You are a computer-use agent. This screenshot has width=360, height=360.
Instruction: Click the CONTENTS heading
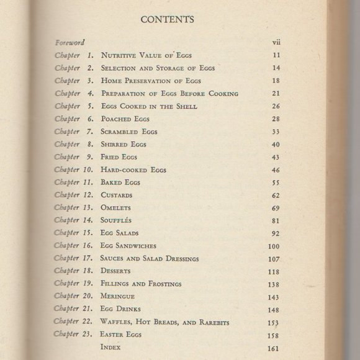point(168,19)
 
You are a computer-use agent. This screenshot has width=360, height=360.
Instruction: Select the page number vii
point(277,43)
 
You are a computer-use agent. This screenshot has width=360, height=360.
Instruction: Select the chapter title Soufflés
point(116,220)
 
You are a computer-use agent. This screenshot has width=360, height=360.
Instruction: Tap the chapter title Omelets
point(115,207)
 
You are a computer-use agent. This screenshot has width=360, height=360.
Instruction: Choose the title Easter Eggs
point(122,335)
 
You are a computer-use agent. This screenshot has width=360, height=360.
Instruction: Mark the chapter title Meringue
point(119,296)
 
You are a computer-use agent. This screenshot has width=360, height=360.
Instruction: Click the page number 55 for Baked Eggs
point(277,182)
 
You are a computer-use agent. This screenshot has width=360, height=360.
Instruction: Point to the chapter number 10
point(88,169)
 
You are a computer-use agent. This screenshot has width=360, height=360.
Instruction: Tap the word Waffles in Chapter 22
point(117,322)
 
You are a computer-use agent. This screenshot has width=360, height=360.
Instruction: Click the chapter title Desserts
point(117,271)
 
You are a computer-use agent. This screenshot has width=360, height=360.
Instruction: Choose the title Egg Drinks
point(120,309)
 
